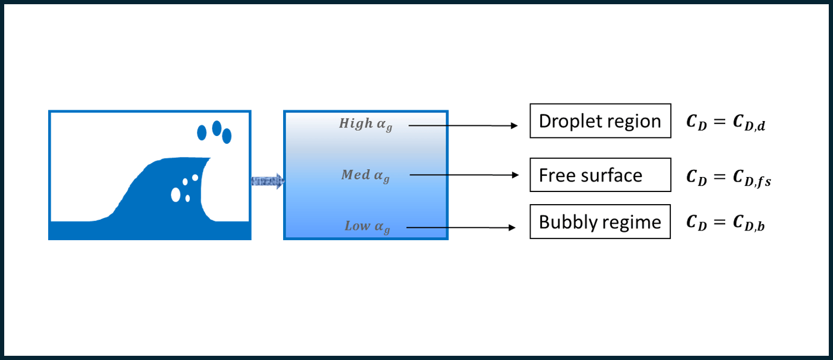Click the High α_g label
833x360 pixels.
[x=365, y=124]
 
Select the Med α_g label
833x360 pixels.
[x=365, y=176]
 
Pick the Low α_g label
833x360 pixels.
[x=367, y=227]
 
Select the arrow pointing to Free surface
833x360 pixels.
[x=464, y=175]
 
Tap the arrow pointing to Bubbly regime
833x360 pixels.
[x=461, y=228]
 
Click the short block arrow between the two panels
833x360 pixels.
[x=267, y=181]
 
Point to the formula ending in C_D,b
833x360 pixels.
[x=726, y=223]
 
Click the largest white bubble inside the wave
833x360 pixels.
[x=176, y=194]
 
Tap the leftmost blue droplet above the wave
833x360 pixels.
[x=202, y=132]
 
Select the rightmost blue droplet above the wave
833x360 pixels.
[x=227, y=137]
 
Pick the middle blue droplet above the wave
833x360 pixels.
[x=216, y=128]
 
